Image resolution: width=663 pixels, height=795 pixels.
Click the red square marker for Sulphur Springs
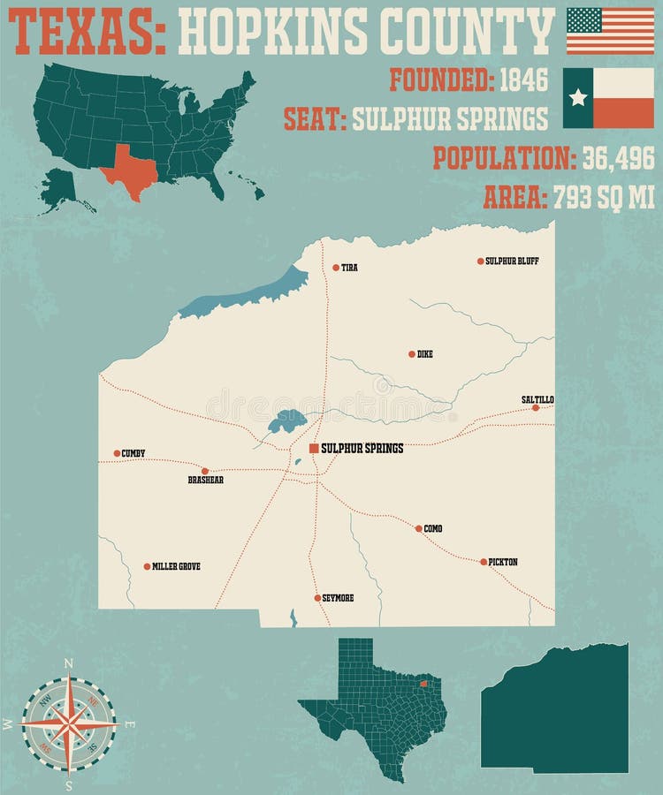tap(314, 449)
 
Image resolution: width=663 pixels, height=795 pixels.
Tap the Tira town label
tap(349, 268)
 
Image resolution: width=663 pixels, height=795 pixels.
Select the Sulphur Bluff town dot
tap(481, 261)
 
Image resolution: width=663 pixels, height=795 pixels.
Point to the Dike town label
tap(425, 354)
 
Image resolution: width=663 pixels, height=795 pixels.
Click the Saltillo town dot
tap(536, 407)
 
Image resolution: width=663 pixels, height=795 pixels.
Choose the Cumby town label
tap(133, 453)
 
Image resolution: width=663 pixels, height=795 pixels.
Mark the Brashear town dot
tap(205, 471)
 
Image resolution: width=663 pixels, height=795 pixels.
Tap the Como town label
tap(433, 529)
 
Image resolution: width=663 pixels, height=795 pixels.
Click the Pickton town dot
tap(484, 562)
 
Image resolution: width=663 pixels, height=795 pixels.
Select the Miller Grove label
tap(176, 566)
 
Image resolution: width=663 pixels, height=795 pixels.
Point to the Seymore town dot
tap(317, 598)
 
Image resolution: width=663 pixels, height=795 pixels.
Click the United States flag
tap(610, 31)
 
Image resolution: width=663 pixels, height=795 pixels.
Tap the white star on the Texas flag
tap(578, 97)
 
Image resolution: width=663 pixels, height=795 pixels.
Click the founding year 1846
tap(523, 80)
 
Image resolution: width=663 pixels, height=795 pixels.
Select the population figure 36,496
tap(617, 158)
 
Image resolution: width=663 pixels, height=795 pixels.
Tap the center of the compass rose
tap(69, 723)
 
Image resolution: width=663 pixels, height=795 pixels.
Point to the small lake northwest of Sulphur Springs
tap(286, 420)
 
